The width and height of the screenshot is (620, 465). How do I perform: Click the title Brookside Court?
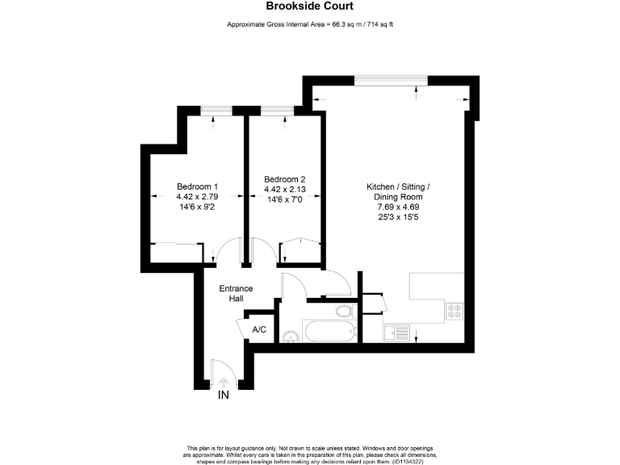click(309, 6)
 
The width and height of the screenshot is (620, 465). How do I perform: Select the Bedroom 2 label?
click(284, 179)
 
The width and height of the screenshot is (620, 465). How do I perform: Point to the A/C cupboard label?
click(260, 329)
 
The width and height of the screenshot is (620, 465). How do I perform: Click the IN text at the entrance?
click(224, 396)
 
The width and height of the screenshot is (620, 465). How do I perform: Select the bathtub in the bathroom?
click(329, 331)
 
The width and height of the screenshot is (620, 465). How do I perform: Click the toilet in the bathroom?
click(343, 310)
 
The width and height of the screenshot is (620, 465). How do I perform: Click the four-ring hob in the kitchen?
click(454, 309)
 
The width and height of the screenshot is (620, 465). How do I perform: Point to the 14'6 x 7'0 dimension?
click(284, 199)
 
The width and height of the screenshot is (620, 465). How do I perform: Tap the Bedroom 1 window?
click(213, 109)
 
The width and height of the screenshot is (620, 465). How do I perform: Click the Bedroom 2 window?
click(277, 109)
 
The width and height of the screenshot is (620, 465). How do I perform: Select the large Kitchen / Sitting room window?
click(392, 78)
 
